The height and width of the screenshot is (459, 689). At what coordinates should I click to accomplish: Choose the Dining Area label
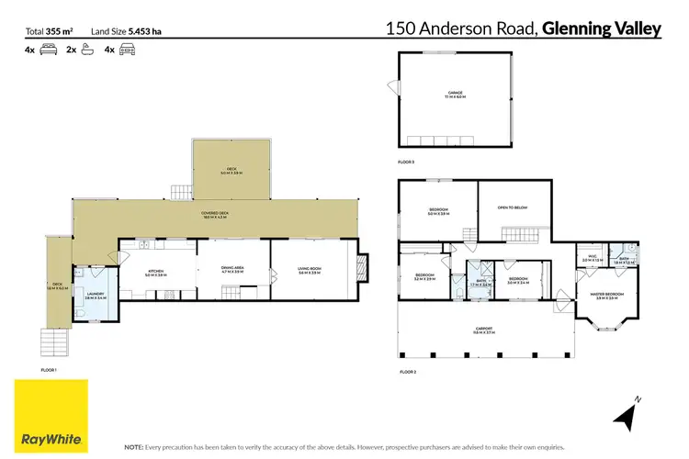pyautogui.click(x=232, y=270)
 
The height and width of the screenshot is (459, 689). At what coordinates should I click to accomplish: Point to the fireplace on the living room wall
pyautogui.click(x=362, y=266)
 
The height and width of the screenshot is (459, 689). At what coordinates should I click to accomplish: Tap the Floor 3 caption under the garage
pyautogui.click(x=406, y=162)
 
